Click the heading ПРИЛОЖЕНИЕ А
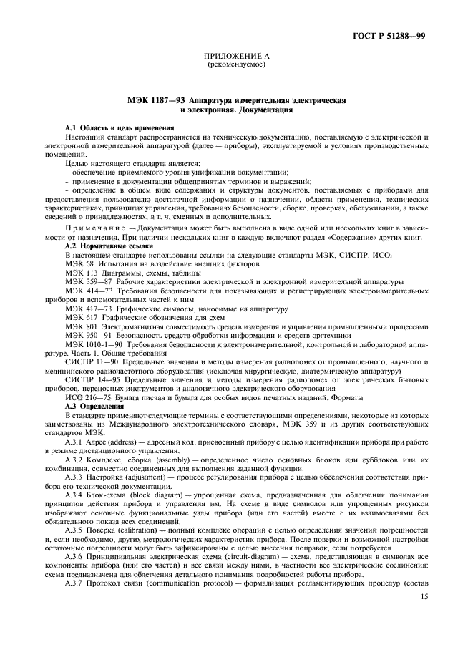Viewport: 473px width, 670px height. (x=235, y=57)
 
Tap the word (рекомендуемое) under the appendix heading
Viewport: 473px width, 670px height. (x=235, y=65)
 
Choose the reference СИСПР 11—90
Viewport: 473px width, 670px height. (x=90, y=362)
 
